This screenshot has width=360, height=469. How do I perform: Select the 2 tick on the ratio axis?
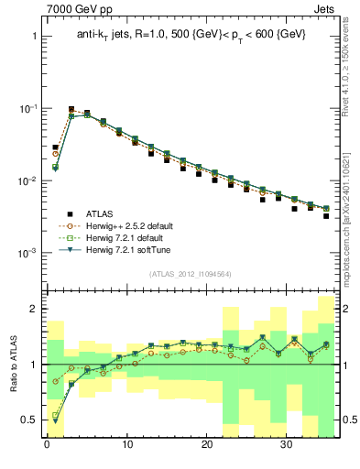click(x=33, y=310)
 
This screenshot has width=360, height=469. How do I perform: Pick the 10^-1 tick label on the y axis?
click(x=27, y=109)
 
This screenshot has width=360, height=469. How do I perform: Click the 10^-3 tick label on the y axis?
click(x=27, y=253)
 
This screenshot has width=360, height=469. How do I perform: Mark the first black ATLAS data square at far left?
click(x=55, y=147)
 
